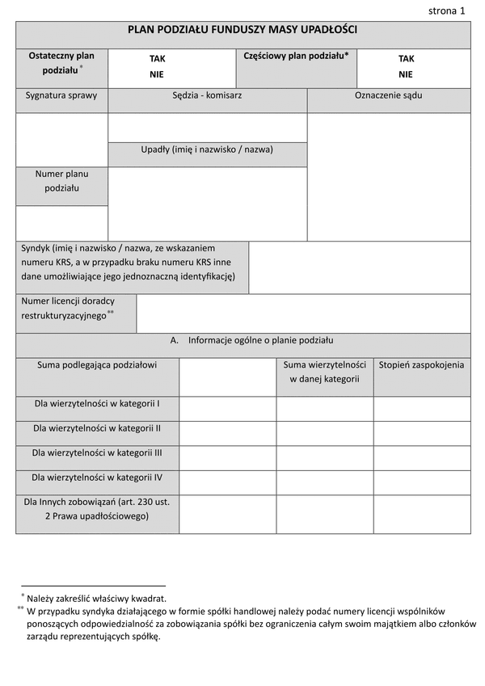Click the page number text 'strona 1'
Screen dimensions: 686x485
[x=446, y=11]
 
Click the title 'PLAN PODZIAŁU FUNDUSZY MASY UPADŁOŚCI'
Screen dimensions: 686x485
[x=242, y=30]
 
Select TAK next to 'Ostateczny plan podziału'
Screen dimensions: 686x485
[x=157, y=59]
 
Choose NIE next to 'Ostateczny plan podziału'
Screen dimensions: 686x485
[x=157, y=74]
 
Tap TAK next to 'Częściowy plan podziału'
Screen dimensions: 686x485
[x=406, y=59]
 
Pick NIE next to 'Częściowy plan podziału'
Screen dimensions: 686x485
[x=406, y=74]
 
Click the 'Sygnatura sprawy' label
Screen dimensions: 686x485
[x=61, y=95]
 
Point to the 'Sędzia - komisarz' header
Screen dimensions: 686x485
[x=207, y=95]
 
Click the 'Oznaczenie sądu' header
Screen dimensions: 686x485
[x=388, y=95]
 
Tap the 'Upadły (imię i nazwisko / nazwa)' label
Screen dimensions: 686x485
[x=207, y=149]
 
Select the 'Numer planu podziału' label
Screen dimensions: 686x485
[x=61, y=181]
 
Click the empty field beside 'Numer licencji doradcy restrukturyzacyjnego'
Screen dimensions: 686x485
[x=303, y=314]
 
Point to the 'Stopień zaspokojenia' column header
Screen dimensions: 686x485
[x=421, y=365]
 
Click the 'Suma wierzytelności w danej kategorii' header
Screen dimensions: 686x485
[x=324, y=372]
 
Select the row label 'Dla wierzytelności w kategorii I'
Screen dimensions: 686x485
[x=97, y=403]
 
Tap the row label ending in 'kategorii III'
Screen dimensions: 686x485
[x=97, y=453]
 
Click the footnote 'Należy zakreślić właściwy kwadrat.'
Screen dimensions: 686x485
[x=96, y=599]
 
